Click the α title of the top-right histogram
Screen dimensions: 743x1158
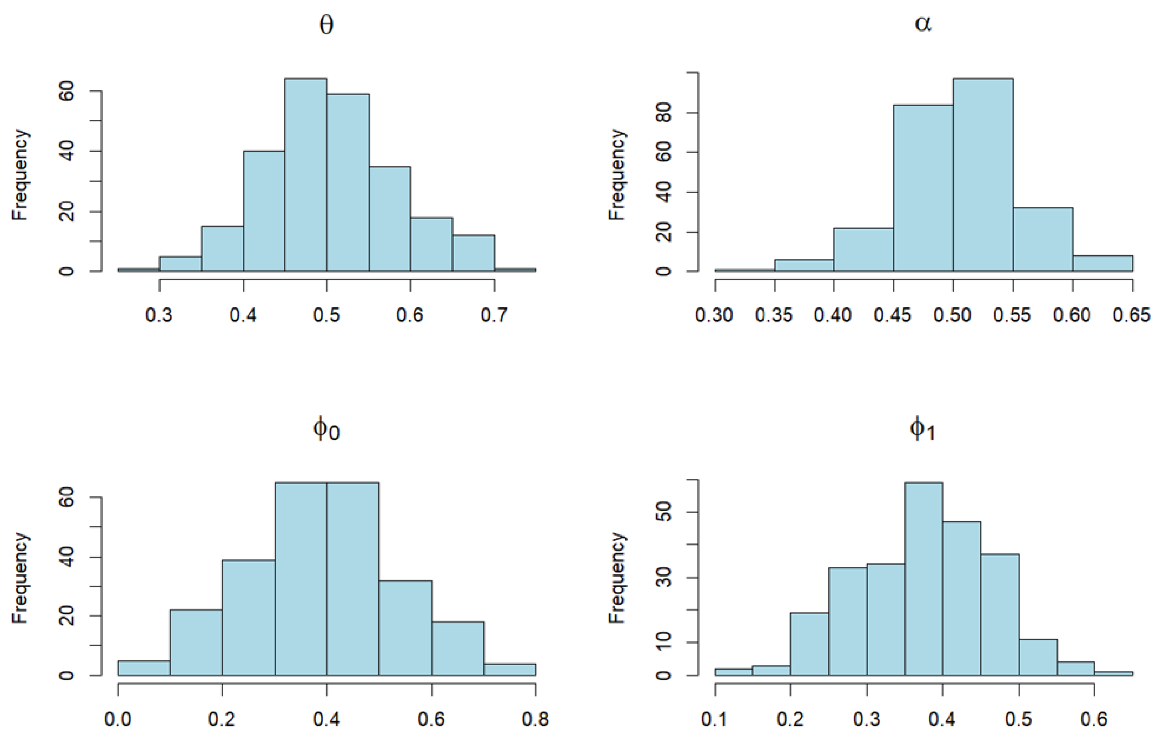click(x=923, y=23)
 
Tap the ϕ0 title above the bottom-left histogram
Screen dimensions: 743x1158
click(x=326, y=429)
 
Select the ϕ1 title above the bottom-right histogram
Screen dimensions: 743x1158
click(x=923, y=429)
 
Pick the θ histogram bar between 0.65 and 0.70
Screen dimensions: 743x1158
click(x=473, y=253)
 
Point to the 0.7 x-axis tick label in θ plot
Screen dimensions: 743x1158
click(x=494, y=315)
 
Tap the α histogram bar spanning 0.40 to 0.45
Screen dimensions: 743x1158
click(x=863, y=249)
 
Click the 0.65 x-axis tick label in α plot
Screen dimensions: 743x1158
click(x=1131, y=315)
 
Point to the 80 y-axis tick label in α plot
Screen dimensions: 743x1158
click(x=664, y=113)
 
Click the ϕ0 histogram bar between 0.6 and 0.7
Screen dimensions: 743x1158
click(x=458, y=648)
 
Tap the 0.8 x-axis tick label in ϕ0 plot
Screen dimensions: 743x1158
click(x=535, y=719)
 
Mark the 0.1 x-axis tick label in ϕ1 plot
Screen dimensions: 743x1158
click(x=715, y=719)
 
